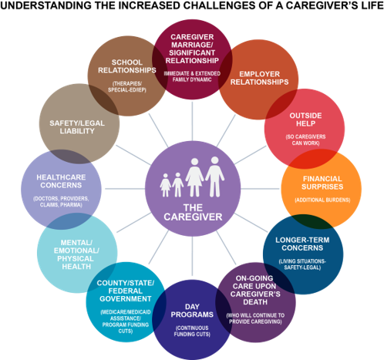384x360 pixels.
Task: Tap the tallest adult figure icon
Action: coord(214,177)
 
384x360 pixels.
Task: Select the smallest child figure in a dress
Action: coord(165,185)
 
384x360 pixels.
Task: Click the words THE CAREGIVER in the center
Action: coord(193,212)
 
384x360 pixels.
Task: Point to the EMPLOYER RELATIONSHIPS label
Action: coord(259,78)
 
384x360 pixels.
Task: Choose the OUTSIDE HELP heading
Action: coord(305,119)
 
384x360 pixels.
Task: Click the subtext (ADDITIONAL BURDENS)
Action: coord(322,200)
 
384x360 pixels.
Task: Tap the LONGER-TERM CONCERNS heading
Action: coord(302,244)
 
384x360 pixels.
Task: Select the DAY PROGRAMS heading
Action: coord(192,311)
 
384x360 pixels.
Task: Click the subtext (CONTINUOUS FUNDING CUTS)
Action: coord(192,331)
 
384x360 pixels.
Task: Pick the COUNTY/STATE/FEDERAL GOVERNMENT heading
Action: coord(126,291)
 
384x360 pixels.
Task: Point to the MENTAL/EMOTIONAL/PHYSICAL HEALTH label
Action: coord(76,254)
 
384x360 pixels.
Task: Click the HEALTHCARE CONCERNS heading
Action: coord(61,181)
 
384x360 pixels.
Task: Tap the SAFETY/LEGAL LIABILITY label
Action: coord(77,127)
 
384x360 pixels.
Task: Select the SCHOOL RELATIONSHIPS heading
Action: coord(127,66)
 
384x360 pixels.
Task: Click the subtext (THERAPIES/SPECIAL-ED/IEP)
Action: coord(127,87)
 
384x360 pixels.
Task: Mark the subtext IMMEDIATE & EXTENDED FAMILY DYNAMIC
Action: coord(192,76)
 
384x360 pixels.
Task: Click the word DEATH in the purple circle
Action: coord(255,302)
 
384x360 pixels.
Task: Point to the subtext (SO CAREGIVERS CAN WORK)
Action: coord(305,140)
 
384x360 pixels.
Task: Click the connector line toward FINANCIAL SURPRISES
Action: coord(260,189)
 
